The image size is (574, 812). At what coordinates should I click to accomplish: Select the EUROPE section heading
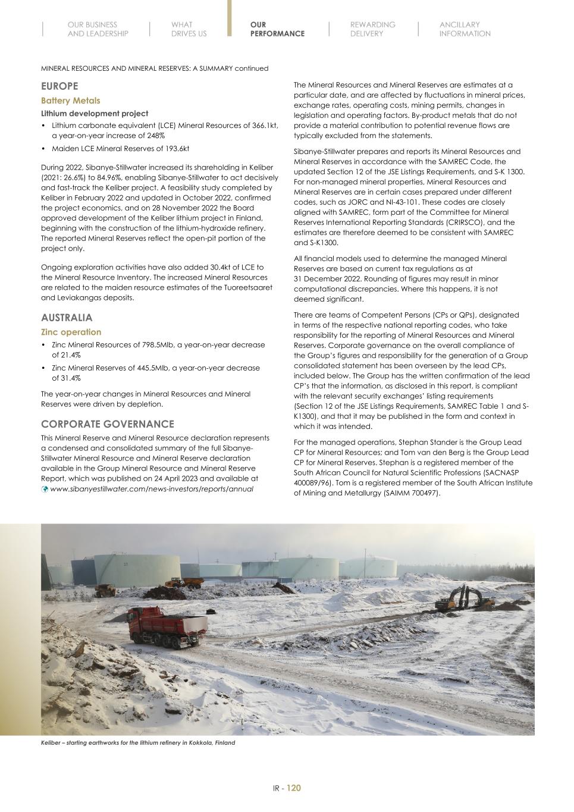(59, 86)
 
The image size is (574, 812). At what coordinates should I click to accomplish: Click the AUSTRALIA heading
(67, 318)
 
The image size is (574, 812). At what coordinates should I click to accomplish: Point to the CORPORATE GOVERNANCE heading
(107, 424)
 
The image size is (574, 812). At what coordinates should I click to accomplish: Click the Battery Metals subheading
(70, 101)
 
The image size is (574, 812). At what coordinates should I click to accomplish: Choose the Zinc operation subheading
(71, 332)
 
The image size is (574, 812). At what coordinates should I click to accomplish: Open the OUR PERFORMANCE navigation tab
(277, 29)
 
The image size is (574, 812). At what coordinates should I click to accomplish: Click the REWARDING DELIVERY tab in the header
(372, 29)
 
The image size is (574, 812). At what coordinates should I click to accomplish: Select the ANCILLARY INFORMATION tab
(465, 29)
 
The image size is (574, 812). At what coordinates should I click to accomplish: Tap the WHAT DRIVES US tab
(189, 29)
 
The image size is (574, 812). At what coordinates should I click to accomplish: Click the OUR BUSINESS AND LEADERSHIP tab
(98, 29)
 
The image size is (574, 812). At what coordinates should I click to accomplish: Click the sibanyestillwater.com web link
(152, 489)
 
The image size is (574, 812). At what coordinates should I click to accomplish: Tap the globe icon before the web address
(45, 489)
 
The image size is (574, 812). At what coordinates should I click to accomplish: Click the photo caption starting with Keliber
(137, 742)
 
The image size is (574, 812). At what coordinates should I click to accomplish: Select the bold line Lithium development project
(95, 113)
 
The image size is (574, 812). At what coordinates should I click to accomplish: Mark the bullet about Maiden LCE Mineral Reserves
(120, 148)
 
